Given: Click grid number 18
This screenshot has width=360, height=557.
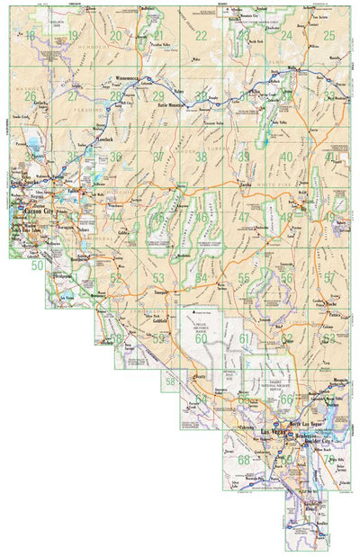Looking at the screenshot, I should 31,35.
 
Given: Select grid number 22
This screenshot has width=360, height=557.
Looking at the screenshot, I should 201,35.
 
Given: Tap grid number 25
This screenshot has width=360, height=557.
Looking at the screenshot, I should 328,35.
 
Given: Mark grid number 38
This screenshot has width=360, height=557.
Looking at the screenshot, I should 201,157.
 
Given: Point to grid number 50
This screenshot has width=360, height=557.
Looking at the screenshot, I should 37,265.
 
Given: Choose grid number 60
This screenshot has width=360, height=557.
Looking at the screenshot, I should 201,338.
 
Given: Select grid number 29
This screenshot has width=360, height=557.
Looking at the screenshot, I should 158,96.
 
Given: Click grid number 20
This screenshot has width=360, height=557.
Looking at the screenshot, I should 116,35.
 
